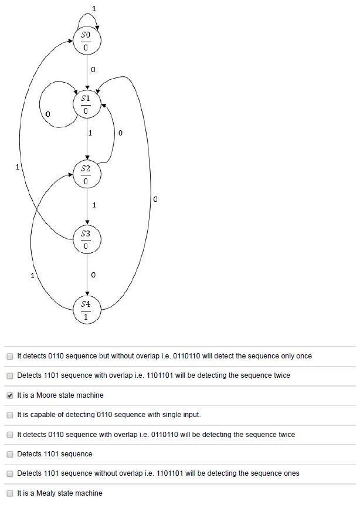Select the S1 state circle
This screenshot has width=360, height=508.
pyautogui.click(x=87, y=104)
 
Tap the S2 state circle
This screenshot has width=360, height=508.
pyautogui.click(x=87, y=174)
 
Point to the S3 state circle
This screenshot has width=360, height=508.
pyautogui.click(x=87, y=239)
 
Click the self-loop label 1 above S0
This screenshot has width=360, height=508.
pyautogui.click(x=94, y=8)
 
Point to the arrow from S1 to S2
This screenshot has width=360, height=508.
pyautogui.click(x=87, y=138)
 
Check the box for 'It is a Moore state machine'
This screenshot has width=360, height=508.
pyautogui.click(x=9, y=395)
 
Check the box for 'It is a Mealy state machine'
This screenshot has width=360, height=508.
pyautogui.click(x=9, y=493)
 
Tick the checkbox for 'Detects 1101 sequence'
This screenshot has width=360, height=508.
pyautogui.click(x=9, y=454)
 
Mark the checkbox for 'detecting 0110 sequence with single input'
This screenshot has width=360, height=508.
pyautogui.click(x=9, y=415)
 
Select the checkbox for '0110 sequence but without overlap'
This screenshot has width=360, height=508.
pyautogui.click(x=9, y=356)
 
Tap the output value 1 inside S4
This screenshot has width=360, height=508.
pyautogui.click(x=86, y=316)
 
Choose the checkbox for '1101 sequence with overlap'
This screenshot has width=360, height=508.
pyautogui.click(x=9, y=375)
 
